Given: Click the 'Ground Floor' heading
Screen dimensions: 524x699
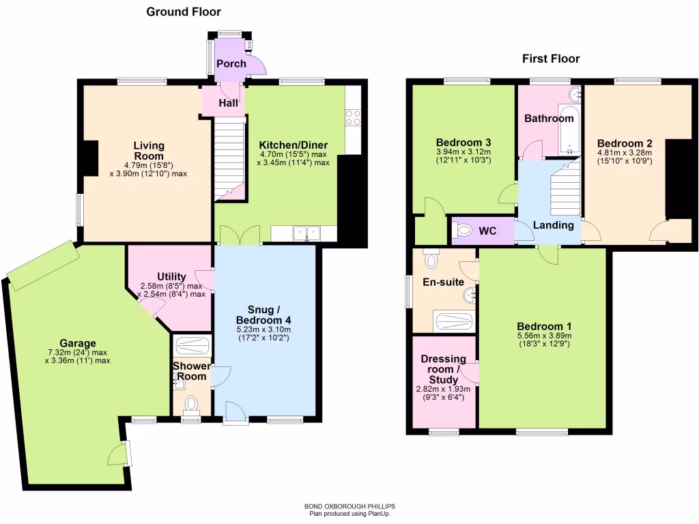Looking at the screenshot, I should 184,12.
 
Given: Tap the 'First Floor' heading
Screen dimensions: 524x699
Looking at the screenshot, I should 551,59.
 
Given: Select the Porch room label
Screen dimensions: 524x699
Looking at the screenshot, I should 231,63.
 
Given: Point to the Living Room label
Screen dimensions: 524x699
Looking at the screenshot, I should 148,151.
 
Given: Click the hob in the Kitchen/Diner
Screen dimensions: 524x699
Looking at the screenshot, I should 353,117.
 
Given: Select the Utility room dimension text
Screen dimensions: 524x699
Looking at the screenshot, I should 171,290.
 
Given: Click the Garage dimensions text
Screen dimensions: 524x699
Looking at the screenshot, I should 76,357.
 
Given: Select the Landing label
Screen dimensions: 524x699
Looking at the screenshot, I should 553,225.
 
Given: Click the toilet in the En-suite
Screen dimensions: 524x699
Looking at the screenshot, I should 431,259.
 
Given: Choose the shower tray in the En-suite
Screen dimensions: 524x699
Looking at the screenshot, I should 453,321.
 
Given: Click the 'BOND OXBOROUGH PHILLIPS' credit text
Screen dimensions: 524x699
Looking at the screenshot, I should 349,506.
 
